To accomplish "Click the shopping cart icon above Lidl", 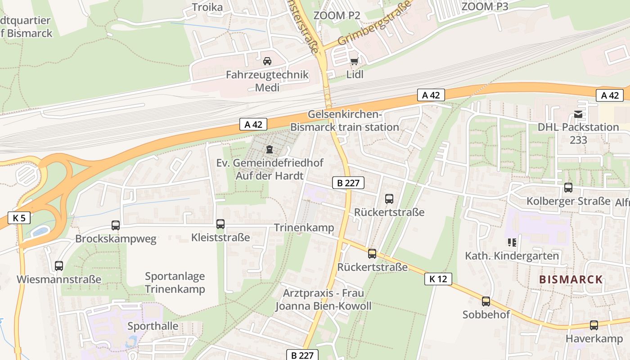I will coord(354,61).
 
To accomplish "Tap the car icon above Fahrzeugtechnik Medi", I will coord(267,61).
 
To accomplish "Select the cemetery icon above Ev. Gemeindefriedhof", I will coord(269,149).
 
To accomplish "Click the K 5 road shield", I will coord(19,218).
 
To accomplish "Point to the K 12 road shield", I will coord(438,279).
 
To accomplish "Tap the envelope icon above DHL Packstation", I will coord(578,114).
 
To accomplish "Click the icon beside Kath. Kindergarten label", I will coord(512,243).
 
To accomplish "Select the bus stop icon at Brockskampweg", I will coord(116,225).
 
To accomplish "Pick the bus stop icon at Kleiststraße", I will coord(220,224).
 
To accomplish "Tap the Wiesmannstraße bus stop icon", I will coord(59,266).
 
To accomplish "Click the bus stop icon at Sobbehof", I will coord(486,301).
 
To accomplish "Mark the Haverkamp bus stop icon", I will coord(594,325).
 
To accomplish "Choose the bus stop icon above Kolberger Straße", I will coord(568,188).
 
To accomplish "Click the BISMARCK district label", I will coord(571,279).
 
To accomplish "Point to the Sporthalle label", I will coord(153,326).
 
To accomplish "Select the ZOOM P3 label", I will coord(485,6).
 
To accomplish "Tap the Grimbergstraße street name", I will coord(374,25).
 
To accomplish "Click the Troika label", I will coord(207,7).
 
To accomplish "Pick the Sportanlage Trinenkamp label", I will coord(175,283).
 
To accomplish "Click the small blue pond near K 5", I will coord(40,231).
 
